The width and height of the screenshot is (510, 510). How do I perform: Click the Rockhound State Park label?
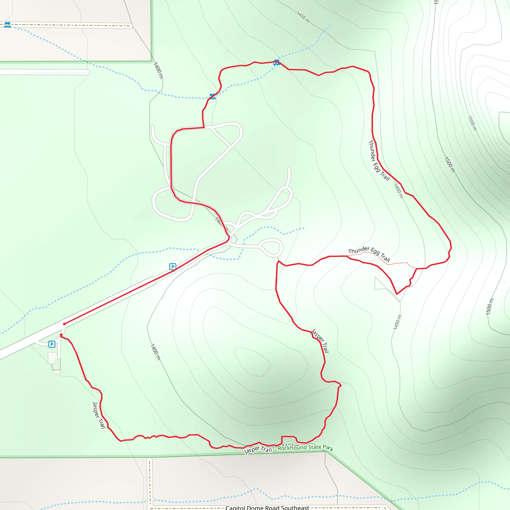(x=305, y=447)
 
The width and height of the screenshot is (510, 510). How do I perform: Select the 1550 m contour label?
(x=472, y=123)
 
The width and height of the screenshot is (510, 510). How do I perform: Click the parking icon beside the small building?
(x=52, y=344)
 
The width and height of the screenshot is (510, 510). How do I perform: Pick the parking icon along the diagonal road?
(x=173, y=267)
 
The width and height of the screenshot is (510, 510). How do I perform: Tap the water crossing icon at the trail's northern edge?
(x=276, y=62)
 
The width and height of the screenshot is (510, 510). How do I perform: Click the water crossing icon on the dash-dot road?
(x=7, y=25)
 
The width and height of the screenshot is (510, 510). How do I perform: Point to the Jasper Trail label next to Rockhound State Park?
(x=258, y=450)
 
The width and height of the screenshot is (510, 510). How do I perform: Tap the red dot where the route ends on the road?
(x=64, y=324)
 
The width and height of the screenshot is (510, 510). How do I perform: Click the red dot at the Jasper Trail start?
(x=61, y=335)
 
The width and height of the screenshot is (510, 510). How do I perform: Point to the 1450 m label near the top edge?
(x=303, y=17)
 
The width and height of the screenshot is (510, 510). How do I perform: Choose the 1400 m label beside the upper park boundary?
(x=158, y=70)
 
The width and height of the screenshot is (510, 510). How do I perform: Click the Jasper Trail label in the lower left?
(x=99, y=415)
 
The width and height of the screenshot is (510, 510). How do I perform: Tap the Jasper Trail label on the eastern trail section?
(x=320, y=341)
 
